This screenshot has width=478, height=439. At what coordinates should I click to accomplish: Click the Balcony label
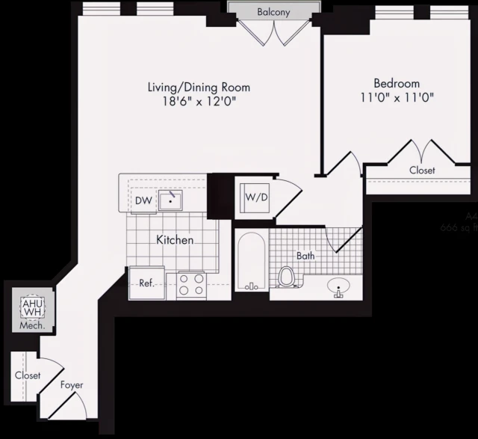click(x=274, y=13)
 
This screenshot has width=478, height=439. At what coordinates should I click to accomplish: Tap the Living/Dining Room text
click(x=198, y=88)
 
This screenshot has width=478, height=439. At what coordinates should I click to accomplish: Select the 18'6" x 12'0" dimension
click(x=198, y=102)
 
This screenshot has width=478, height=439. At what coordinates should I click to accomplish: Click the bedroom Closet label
click(x=422, y=171)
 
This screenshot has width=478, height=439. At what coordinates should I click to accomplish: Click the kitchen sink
click(x=171, y=200)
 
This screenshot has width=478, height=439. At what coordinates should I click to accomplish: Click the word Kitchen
click(x=176, y=240)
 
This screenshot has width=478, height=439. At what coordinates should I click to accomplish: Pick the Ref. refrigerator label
click(x=146, y=283)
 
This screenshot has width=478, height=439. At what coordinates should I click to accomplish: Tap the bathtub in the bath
click(x=250, y=263)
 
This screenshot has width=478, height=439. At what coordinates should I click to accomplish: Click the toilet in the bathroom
click(x=286, y=277)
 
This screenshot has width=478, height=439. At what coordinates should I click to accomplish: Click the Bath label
click(x=305, y=256)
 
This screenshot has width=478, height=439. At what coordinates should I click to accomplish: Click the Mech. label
click(x=32, y=326)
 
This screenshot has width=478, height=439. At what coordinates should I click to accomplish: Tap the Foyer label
click(x=72, y=385)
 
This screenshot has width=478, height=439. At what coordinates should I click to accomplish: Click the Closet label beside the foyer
click(x=27, y=375)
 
